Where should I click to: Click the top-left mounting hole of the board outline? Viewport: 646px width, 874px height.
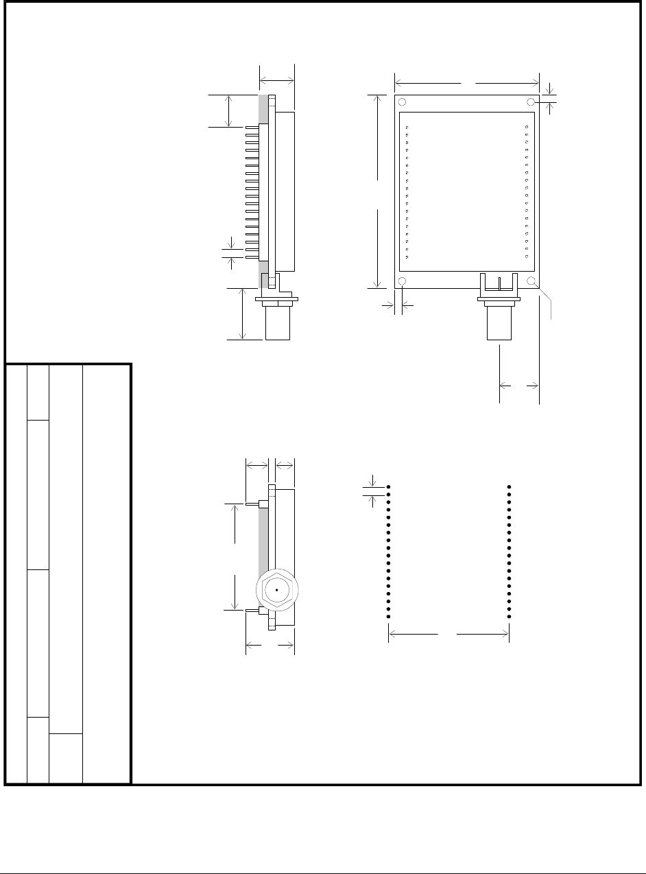pyautogui.click(x=403, y=102)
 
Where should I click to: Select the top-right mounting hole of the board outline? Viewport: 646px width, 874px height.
pyautogui.click(x=531, y=102)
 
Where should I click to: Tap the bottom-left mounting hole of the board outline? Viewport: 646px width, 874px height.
pyautogui.click(x=403, y=281)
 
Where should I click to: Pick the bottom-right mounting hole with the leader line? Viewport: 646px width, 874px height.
pyautogui.click(x=531, y=281)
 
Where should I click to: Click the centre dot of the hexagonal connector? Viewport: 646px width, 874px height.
pyautogui.click(x=276, y=589)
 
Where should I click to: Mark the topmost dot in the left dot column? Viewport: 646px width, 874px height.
pyautogui.click(x=389, y=487)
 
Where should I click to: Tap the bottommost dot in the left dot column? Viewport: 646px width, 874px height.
pyautogui.click(x=389, y=617)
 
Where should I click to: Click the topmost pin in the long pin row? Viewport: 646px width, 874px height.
pyautogui.click(x=252, y=128)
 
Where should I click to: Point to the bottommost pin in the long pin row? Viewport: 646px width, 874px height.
pyautogui.click(x=252, y=257)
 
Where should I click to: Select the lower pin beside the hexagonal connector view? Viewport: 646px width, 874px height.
pyautogui.click(x=252, y=609)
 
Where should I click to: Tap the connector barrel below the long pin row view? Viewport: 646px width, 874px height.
pyautogui.click(x=278, y=322)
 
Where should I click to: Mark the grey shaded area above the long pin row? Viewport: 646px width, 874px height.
pyautogui.click(x=263, y=109)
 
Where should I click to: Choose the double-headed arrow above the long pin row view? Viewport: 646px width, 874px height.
pyautogui.click(x=276, y=80)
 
